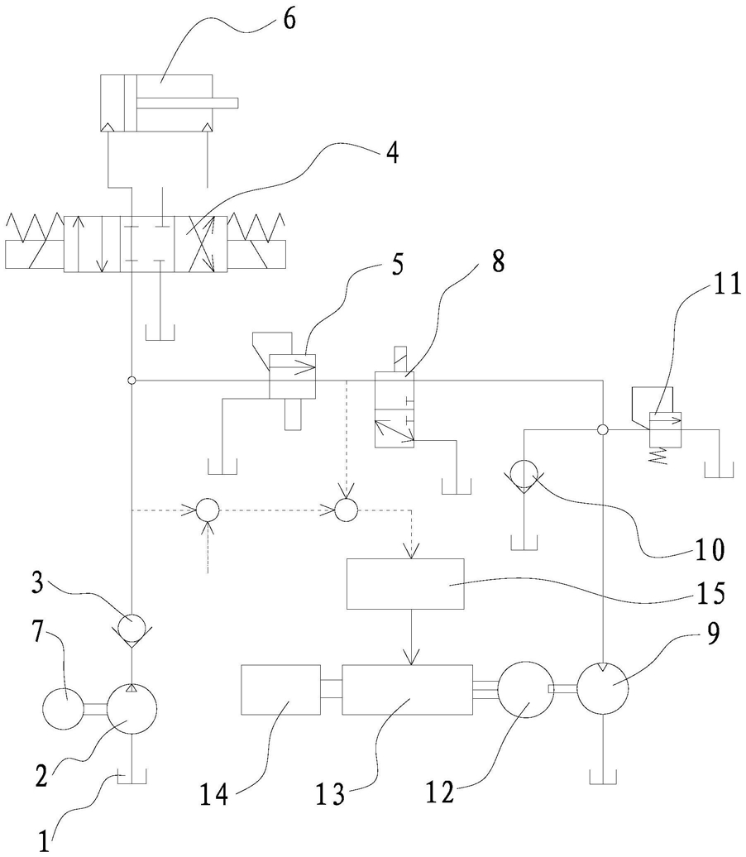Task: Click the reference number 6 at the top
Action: coord(289,19)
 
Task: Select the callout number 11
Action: coord(727,285)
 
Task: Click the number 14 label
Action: coord(214,794)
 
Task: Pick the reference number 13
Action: coord(331,794)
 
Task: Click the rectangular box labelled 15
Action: coord(405,584)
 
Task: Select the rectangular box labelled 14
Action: coord(281,690)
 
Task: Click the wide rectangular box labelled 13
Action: coord(407,690)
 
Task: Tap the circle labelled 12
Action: coord(524,690)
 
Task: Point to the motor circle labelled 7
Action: coord(64,709)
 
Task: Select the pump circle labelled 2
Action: coord(132,709)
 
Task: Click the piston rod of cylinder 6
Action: coord(188,103)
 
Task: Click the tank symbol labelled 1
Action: coord(132,778)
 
